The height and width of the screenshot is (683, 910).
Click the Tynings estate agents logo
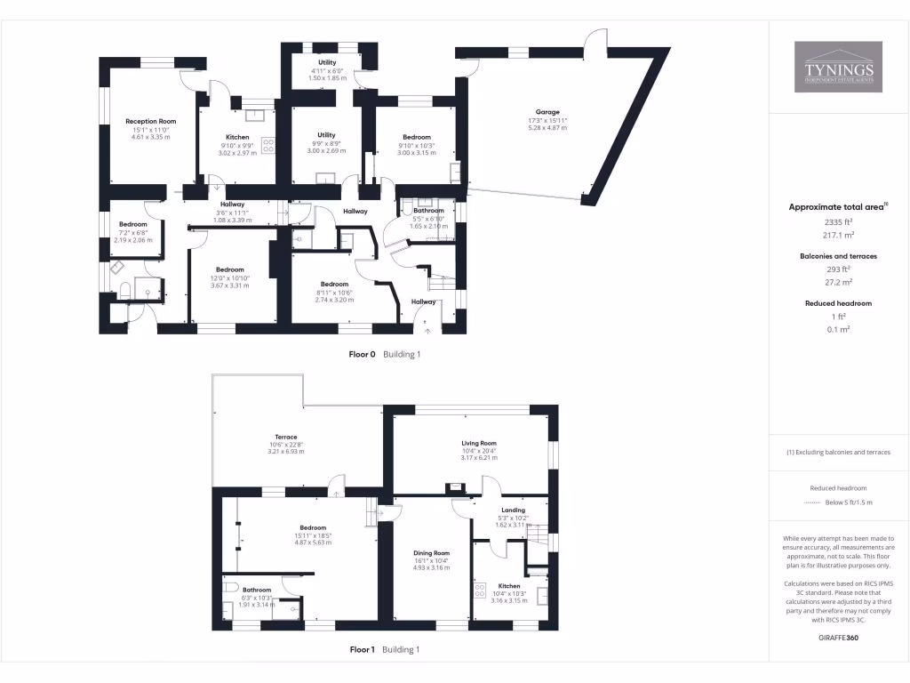838,67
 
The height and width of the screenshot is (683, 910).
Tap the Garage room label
547,112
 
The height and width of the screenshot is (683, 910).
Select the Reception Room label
150,121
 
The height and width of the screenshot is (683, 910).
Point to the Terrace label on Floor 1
285,438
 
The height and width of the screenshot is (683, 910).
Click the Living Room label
478,443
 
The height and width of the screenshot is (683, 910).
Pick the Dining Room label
431,553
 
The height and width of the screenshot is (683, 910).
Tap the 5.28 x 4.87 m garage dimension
547,128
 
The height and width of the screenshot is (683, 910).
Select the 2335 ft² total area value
838,221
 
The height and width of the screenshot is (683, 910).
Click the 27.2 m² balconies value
838,282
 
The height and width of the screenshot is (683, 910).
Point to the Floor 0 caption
363,354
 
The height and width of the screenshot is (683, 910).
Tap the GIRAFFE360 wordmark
838,638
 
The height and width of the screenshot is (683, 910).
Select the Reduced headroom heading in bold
838,303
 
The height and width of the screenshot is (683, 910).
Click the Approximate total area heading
836,206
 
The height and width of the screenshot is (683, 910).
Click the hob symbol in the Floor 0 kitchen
268,149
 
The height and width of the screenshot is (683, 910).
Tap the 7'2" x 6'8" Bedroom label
132,224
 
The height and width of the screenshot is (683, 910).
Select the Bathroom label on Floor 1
257,590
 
